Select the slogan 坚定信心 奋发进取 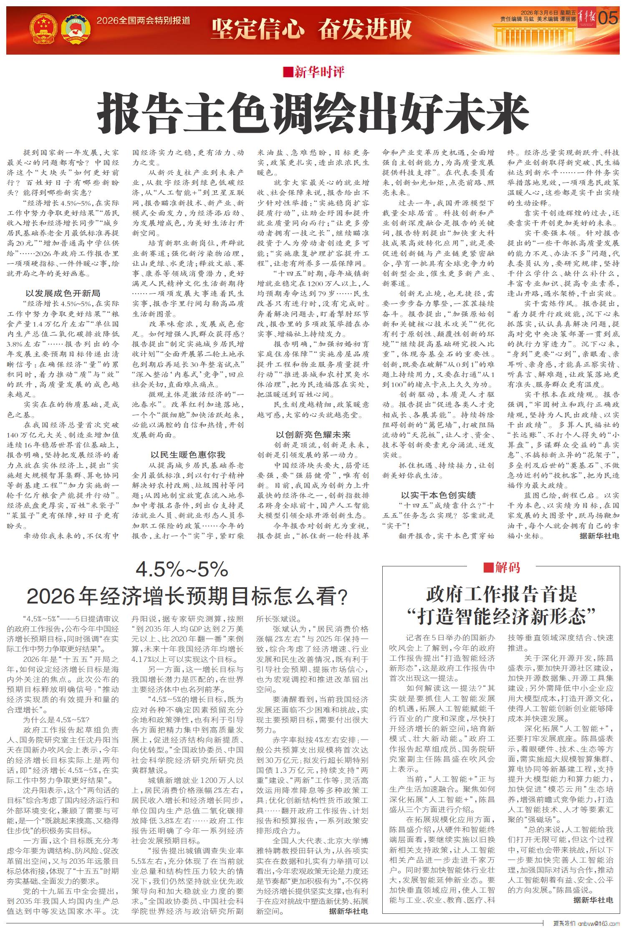pos(311,29)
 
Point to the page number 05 pos(608,19)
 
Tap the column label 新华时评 pos(319,73)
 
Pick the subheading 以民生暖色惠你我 pos(188,454)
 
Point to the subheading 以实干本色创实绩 pos(438,495)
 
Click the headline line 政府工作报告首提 pos(501,594)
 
